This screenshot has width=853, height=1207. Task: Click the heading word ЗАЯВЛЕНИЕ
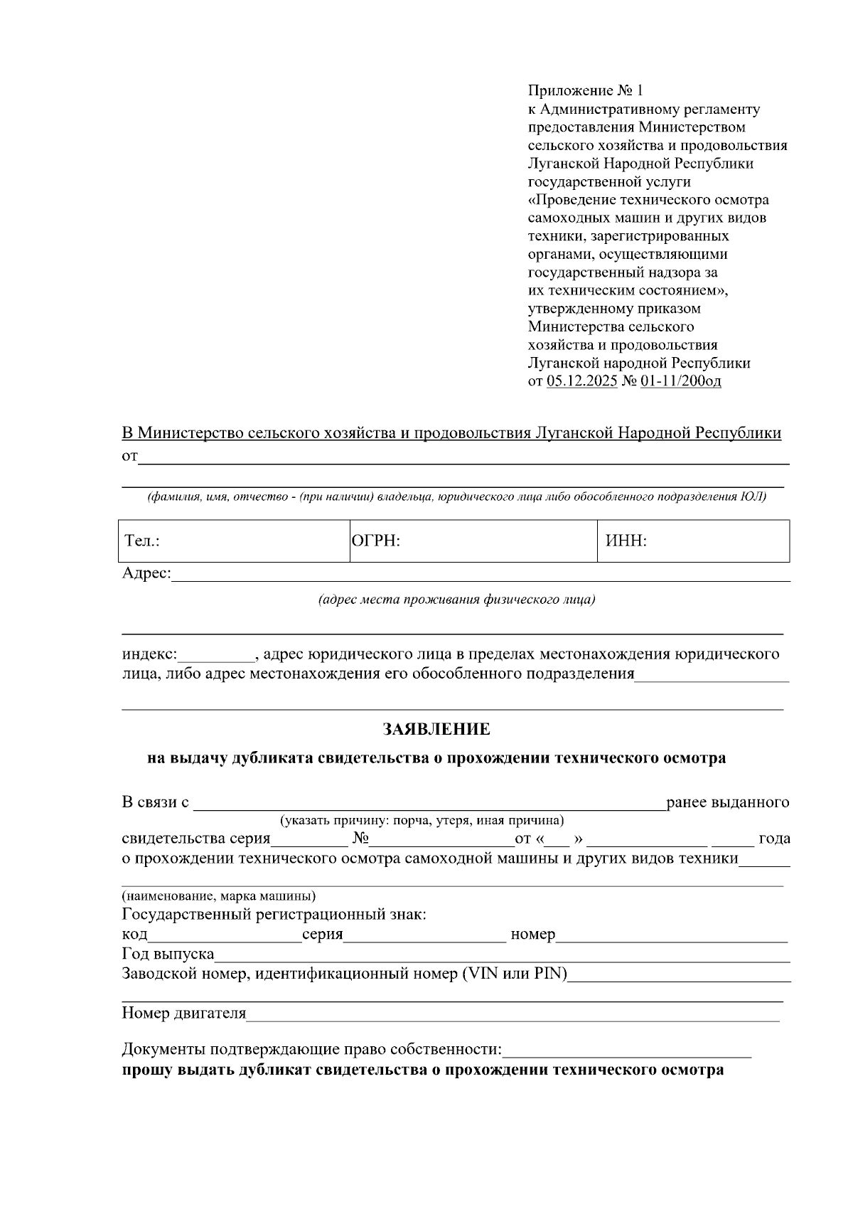click(x=436, y=729)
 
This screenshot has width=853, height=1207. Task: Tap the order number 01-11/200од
click(x=680, y=381)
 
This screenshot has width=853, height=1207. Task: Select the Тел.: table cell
click(x=234, y=541)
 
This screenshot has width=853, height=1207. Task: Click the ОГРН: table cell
click(x=473, y=541)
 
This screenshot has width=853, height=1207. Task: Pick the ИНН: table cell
click(x=693, y=541)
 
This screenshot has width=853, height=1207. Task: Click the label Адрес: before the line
click(x=146, y=573)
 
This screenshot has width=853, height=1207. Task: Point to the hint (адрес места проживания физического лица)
click(x=456, y=600)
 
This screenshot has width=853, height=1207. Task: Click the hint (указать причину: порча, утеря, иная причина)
click(x=422, y=821)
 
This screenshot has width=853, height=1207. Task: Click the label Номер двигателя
click(x=184, y=1013)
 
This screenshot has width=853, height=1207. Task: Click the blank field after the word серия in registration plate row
click(x=424, y=936)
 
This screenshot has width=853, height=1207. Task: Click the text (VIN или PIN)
click(x=515, y=974)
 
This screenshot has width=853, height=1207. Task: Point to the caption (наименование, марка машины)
click(x=219, y=895)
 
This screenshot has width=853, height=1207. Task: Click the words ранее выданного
click(x=727, y=802)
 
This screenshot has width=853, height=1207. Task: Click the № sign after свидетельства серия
click(x=359, y=839)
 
